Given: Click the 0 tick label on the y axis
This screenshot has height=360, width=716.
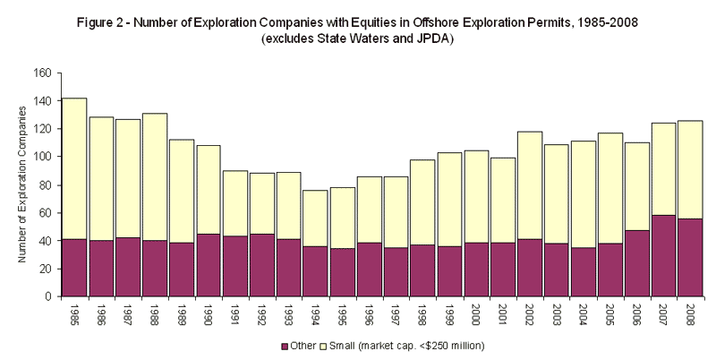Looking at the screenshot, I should coord(50,296).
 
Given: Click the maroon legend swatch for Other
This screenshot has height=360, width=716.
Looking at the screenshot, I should coord(285,346).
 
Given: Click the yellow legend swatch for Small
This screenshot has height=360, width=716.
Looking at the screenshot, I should coord(326,346).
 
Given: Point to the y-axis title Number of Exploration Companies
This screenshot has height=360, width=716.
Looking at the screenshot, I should coord(21,184).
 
